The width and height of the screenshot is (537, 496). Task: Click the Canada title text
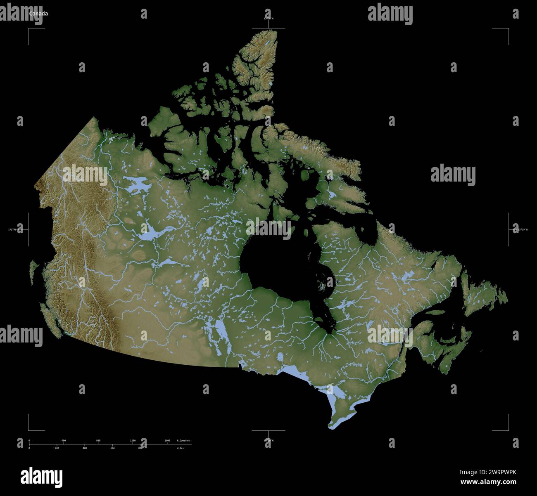(x=38, y=14)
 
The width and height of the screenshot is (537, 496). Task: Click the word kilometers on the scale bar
(x=183, y=441)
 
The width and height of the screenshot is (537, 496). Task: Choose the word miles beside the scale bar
(x=180, y=448)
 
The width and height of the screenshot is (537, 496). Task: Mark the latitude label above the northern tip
(x=268, y=19)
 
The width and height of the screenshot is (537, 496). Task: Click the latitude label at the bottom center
(x=268, y=441)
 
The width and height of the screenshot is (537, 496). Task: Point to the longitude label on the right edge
(x=521, y=229)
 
